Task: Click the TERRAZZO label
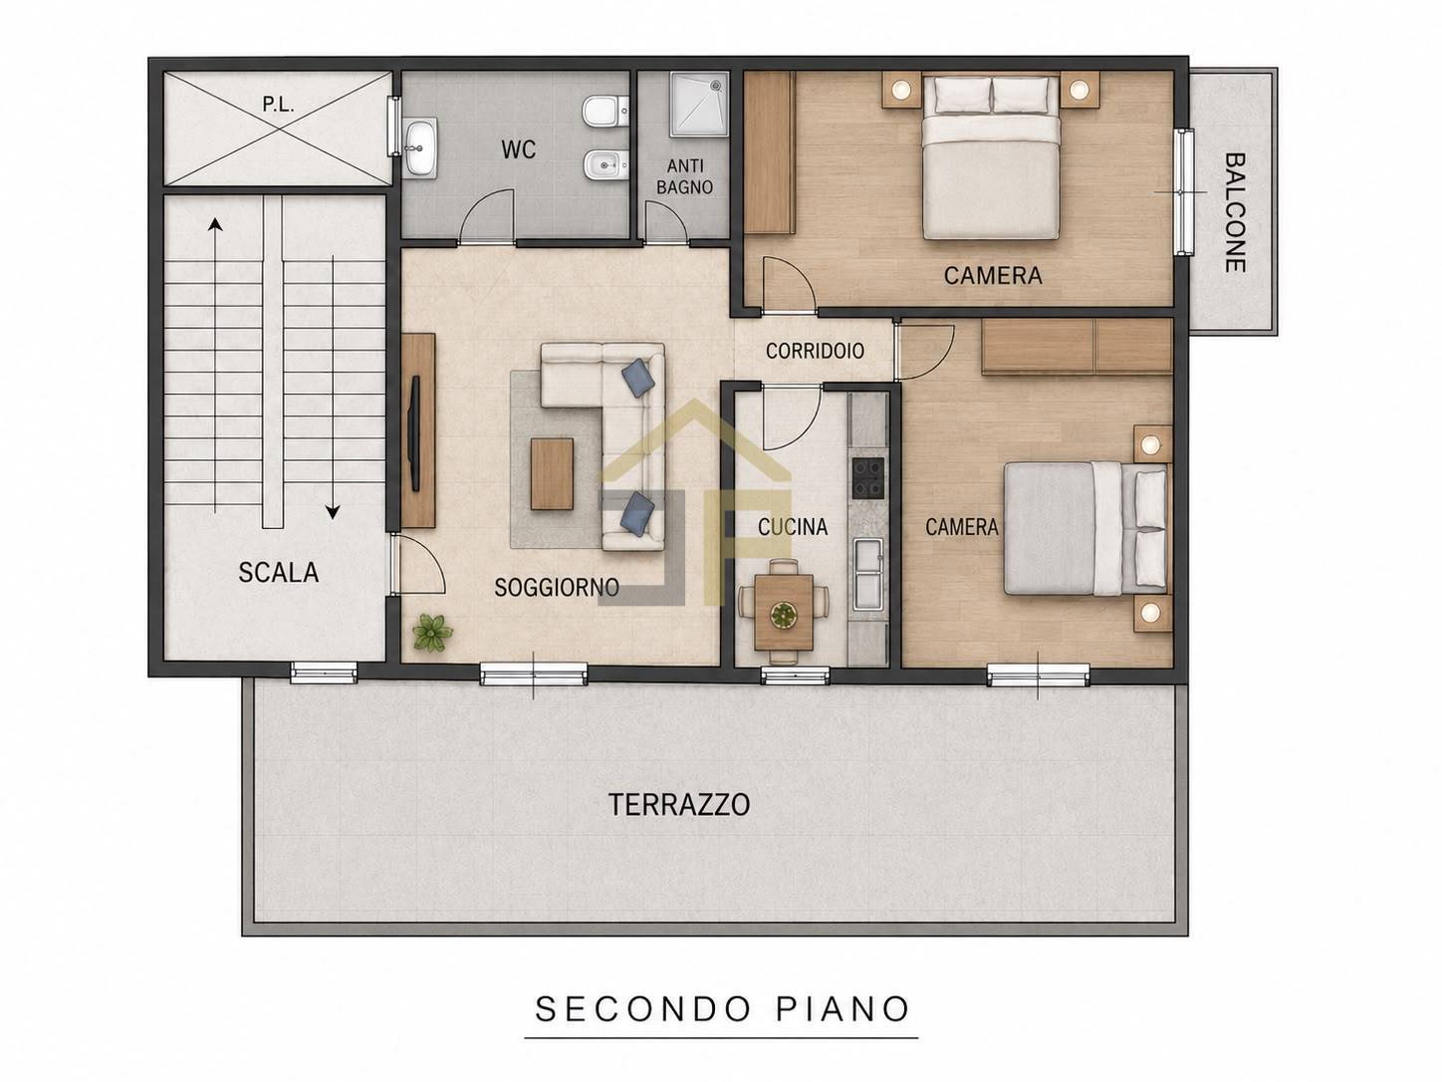[679, 805]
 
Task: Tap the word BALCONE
[1236, 212]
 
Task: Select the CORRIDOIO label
[815, 351]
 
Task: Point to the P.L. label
[278, 105]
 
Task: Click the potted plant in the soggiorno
[431, 633]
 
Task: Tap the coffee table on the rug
[552, 473]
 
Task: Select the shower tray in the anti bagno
[700, 104]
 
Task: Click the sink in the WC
[420, 147]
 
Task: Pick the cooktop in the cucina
[867, 477]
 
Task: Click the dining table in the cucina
[784, 611]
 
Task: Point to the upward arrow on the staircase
[215, 366]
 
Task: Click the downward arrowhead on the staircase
[333, 512]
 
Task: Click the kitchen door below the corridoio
[792, 418]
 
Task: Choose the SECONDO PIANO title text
[722, 1009]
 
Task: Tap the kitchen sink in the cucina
[868, 574]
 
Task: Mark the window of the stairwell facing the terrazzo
[324, 673]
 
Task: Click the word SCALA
[279, 572]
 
